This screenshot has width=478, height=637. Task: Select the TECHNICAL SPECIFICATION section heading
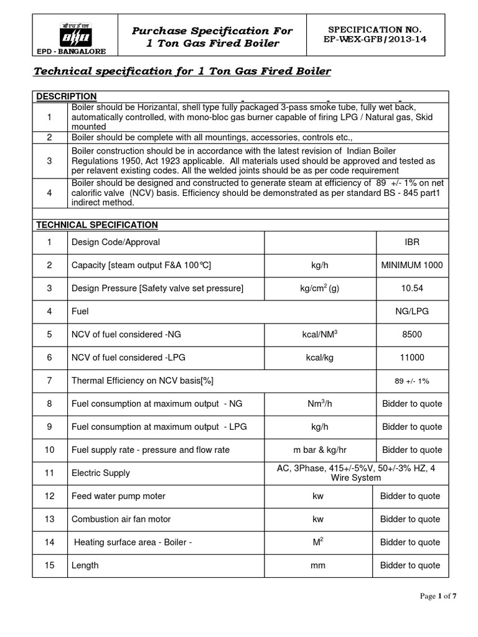tap(96, 225)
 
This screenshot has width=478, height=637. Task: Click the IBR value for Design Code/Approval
tap(411, 242)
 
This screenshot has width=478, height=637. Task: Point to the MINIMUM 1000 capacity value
tap(411, 265)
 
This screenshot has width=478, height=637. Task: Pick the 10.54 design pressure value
tap(411, 288)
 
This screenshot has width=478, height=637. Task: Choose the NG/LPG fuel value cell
tap(411, 311)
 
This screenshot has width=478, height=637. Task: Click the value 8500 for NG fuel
tap(411, 334)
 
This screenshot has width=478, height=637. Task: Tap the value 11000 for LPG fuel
tap(411, 358)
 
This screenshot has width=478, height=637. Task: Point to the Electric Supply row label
tap(101, 473)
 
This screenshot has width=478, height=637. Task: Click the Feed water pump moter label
tap(118, 496)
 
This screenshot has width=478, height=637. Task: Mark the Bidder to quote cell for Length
tap(410, 565)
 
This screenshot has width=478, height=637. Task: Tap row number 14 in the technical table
tap(50, 542)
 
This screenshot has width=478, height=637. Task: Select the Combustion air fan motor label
tap(121, 519)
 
